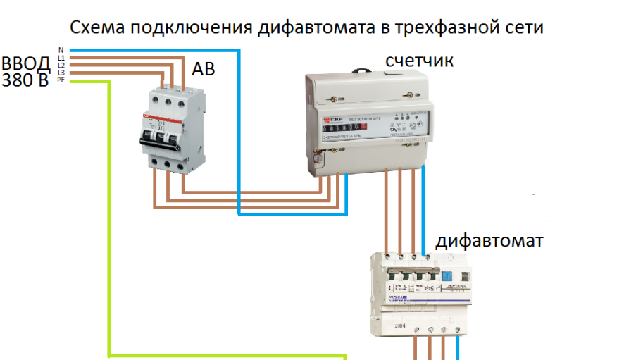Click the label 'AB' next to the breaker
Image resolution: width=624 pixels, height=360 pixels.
(203, 70)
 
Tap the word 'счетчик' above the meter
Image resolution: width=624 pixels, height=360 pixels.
(419, 62)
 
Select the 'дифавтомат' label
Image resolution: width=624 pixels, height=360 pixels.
(489, 242)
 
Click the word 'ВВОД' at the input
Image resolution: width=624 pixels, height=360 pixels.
(26, 64)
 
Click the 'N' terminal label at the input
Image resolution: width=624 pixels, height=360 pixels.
(61, 49)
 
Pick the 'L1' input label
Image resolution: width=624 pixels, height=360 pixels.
(61, 57)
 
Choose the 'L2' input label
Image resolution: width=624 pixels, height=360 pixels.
(61, 65)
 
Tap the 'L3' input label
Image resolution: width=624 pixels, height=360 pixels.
(61, 73)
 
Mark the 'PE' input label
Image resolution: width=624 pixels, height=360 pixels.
(61, 80)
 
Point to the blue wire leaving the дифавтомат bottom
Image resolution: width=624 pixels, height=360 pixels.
(458, 348)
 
